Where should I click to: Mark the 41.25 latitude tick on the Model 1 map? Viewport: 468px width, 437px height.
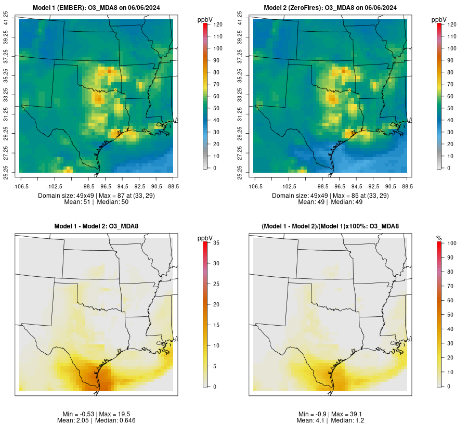(6, 19)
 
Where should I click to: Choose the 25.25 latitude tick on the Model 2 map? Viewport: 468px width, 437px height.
(240, 172)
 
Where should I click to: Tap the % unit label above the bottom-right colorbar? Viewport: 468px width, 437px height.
(439, 238)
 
